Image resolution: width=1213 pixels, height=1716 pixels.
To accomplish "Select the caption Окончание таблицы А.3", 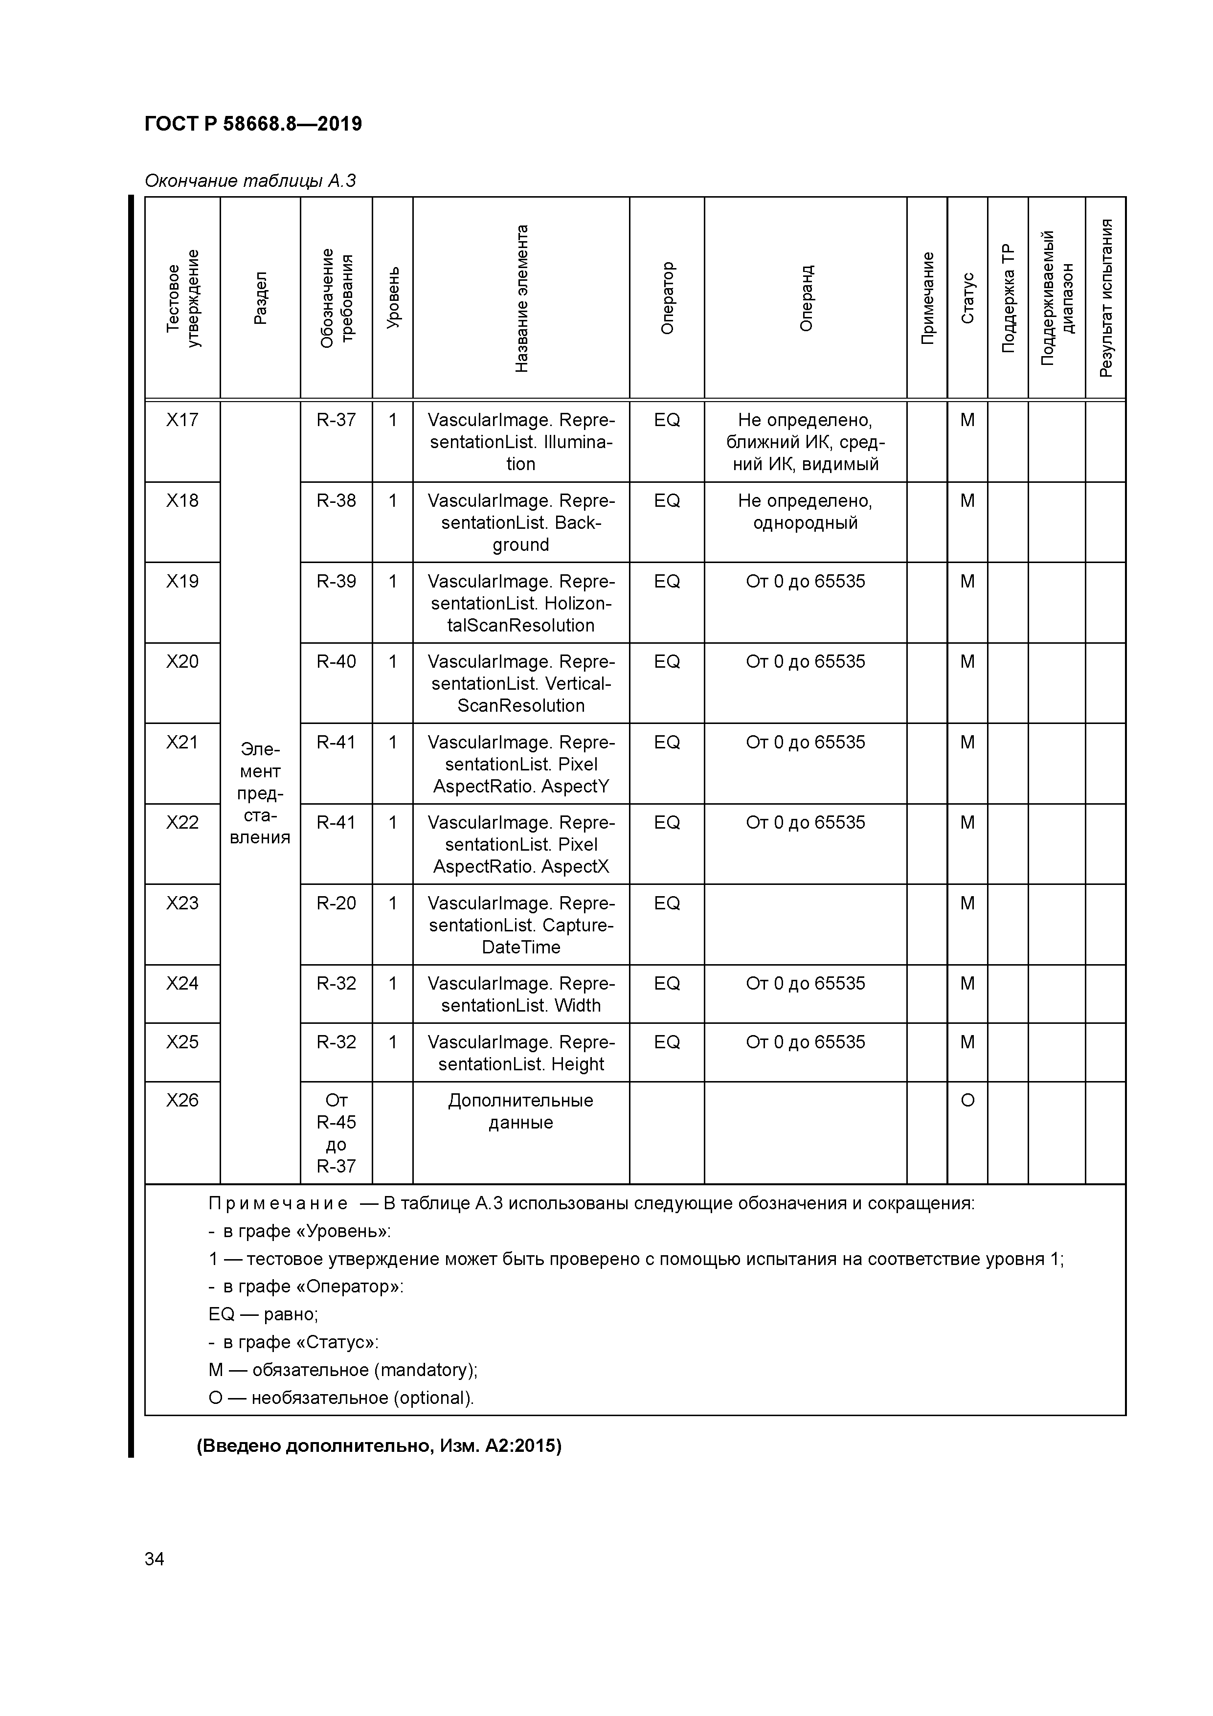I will tap(249, 181).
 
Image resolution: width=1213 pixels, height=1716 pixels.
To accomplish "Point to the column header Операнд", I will tap(806, 298).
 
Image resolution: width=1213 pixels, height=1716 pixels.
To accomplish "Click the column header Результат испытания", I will tap(1105, 298).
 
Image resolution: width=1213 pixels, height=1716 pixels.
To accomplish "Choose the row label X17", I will tap(182, 420).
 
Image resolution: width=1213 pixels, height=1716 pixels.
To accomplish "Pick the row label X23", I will tap(182, 903).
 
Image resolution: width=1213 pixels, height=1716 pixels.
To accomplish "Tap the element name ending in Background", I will tap(521, 522).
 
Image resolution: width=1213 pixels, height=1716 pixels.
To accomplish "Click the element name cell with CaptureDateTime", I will tap(521, 926).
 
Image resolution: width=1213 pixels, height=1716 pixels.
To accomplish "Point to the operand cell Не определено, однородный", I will tap(805, 512).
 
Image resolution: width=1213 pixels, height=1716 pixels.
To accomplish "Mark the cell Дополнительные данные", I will tap(521, 1111).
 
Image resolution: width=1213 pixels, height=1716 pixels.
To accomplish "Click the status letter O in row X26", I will tap(967, 1100).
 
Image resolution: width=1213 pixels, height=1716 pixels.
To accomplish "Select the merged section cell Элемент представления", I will tap(260, 793).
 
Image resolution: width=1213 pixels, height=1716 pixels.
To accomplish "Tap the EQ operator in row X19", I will tap(667, 582).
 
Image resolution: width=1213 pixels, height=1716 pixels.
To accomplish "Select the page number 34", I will tap(154, 1559).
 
